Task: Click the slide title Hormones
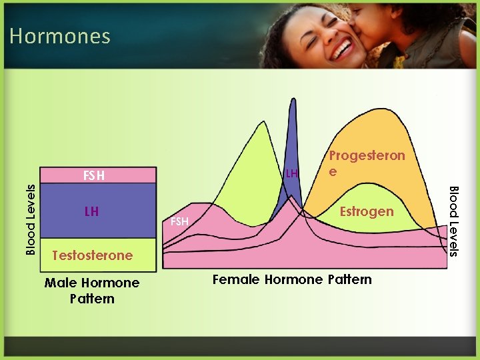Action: click(60, 35)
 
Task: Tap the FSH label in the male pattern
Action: click(93, 176)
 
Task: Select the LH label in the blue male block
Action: click(91, 211)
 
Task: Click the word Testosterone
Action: click(92, 255)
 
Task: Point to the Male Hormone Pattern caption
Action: click(92, 291)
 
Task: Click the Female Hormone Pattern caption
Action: click(292, 279)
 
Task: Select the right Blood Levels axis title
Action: click(453, 221)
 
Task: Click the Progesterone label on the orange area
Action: click(367, 163)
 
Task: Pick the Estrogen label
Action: click(367, 211)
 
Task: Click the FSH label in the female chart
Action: click(179, 221)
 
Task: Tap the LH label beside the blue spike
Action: click(291, 174)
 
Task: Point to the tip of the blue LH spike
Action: click(292, 100)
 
